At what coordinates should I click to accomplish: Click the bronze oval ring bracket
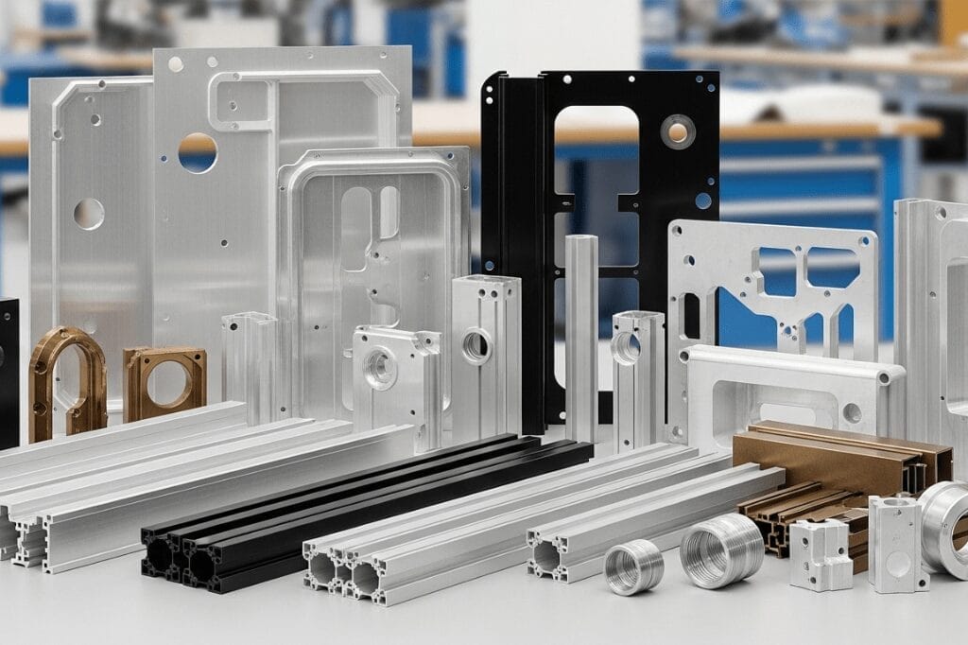pyautogui.click(x=65, y=378)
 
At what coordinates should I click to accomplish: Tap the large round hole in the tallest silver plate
pyautogui.click(x=198, y=152)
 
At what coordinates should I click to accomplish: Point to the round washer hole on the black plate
pyautogui.click(x=677, y=131)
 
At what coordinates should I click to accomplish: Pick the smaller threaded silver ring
pyautogui.click(x=633, y=567)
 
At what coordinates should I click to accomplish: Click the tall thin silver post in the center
pyautogui.click(x=580, y=331)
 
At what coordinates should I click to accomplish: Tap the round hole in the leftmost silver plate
pyautogui.click(x=89, y=214)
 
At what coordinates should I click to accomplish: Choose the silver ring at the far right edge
pyautogui.click(x=945, y=525)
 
